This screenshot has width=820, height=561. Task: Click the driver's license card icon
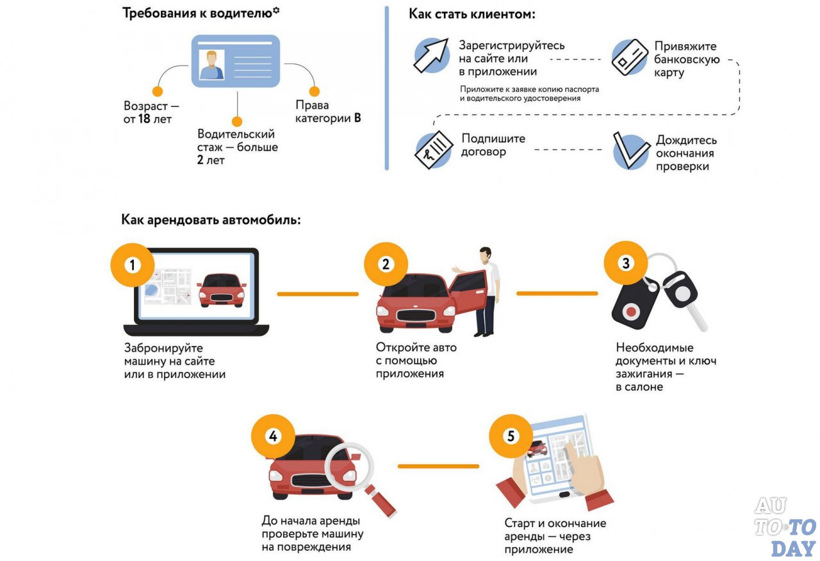tap(237, 62)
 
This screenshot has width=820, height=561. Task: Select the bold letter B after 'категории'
tap(357, 118)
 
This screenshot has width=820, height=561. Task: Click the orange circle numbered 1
tap(132, 264)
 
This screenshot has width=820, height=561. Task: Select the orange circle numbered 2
tap(385, 264)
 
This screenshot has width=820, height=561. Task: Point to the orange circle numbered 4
tap(273, 436)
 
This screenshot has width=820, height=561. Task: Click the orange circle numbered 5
tap(511, 436)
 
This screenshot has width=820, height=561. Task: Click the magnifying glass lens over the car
tap(348, 466)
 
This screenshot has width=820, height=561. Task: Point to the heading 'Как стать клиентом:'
tap(472, 14)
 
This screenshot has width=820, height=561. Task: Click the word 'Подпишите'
tap(493, 139)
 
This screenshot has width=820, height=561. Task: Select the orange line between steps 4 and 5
tap(438, 466)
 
